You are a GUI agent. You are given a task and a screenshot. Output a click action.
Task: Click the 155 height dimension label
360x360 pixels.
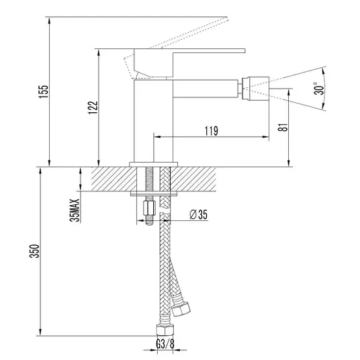point(44,91)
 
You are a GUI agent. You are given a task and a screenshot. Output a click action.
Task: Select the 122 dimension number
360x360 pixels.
point(93,107)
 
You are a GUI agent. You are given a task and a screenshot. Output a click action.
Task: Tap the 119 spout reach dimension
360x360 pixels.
point(211,131)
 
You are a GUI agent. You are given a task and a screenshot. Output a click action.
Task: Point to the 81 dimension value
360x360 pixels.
point(283,127)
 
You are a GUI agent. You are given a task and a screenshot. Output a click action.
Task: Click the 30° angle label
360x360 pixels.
point(319,89)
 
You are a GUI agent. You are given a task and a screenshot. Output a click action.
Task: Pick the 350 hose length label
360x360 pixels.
point(35,251)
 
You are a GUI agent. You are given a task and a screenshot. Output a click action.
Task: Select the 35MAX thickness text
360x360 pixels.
point(75,210)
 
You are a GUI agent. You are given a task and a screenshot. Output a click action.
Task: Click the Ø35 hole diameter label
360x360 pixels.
point(199,214)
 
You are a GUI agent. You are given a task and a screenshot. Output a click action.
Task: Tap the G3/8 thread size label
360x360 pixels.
point(165,344)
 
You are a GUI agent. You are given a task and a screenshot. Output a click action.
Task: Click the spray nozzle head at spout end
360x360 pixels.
point(256,89)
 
